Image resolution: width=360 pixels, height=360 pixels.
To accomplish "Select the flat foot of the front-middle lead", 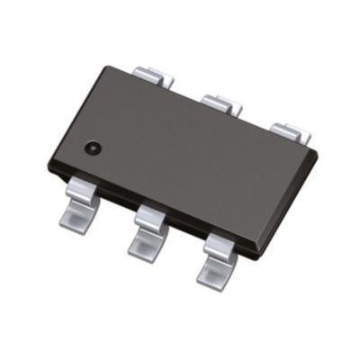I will coord(144,243).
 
